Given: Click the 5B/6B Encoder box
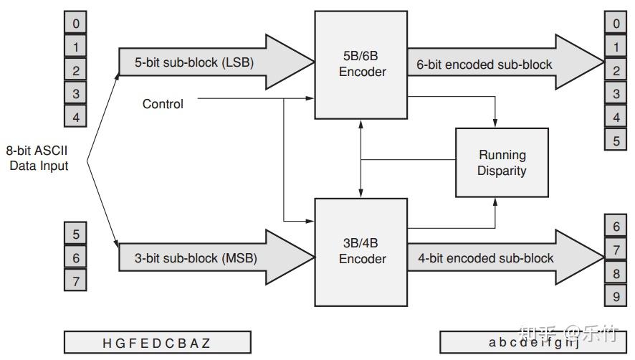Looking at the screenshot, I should (x=362, y=65).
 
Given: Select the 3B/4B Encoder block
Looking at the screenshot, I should (x=362, y=251).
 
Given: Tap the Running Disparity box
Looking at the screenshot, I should (x=502, y=163).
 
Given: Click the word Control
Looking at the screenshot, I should (x=163, y=104).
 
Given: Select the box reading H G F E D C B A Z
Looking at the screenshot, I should (x=157, y=343).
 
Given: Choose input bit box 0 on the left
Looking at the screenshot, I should (x=76, y=24).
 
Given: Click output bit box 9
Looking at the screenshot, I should (x=616, y=296).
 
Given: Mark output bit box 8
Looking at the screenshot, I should (x=616, y=273).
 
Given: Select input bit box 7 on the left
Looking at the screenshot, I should (x=76, y=280).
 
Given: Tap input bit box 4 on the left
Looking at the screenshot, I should (x=76, y=115).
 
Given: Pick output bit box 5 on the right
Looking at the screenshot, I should (x=616, y=140).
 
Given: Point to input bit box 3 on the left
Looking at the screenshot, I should (x=76, y=93).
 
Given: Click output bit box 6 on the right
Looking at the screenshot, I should (x=616, y=227).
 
